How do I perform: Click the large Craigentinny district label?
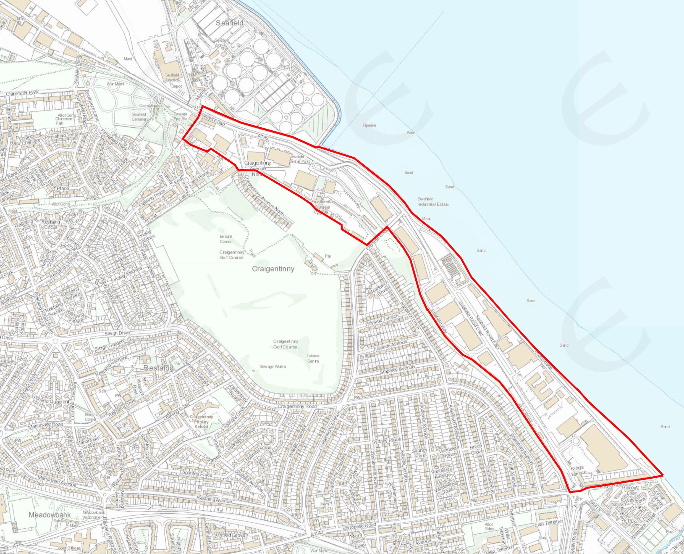[x=273, y=269]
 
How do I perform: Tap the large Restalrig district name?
[x=158, y=368]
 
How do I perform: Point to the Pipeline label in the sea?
[x=369, y=125]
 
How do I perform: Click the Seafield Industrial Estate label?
[x=433, y=201]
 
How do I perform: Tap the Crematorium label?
[x=150, y=105]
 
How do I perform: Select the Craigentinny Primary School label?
[x=201, y=421]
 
